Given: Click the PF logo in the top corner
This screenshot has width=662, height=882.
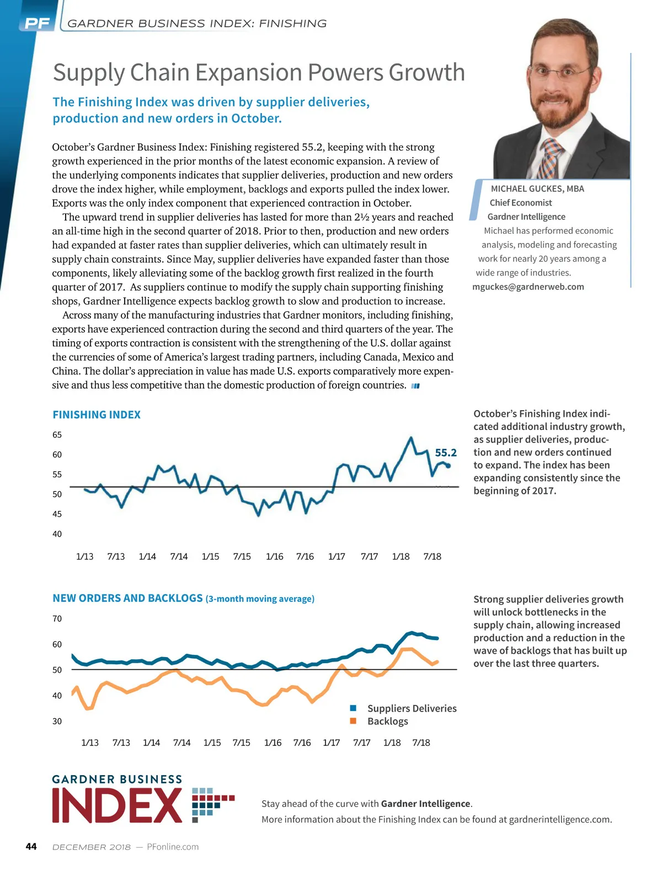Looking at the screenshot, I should [x=37, y=23].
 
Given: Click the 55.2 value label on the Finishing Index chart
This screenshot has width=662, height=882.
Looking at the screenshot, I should [x=446, y=453].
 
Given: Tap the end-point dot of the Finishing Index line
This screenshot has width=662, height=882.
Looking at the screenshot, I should [x=449, y=466].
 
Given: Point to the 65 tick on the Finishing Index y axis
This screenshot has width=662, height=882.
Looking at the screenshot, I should [x=57, y=435].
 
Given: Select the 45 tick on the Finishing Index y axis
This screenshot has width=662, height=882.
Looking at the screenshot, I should [x=57, y=514].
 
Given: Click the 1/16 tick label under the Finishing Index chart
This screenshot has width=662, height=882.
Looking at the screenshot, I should [x=274, y=557].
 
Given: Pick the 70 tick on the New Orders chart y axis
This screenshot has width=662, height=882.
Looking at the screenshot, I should [x=57, y=619].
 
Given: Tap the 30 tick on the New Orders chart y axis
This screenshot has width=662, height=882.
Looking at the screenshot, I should [x=57, y=722].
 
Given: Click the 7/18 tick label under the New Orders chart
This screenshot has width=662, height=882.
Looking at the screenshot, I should [x=421, y=743].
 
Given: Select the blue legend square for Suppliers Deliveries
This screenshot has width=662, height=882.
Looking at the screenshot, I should [x=353, y=708].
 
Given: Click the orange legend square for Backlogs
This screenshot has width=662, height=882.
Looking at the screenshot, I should [x=353, y=721].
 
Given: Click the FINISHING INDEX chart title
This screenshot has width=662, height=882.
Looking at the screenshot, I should [x=97, y=415].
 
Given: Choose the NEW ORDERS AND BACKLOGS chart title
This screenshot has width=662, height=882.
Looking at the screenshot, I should [x=128, y=598].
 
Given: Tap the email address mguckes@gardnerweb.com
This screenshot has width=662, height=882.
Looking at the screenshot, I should [x=528, y=287].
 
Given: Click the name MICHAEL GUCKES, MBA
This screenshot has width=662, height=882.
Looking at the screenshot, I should [x=537, y=189].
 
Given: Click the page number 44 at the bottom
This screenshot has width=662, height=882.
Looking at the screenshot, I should [x=31, y=847].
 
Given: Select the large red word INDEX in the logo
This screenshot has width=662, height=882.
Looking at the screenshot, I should [x=117, y=806].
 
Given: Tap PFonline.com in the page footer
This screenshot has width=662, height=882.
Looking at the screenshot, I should [x=173, y=847].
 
